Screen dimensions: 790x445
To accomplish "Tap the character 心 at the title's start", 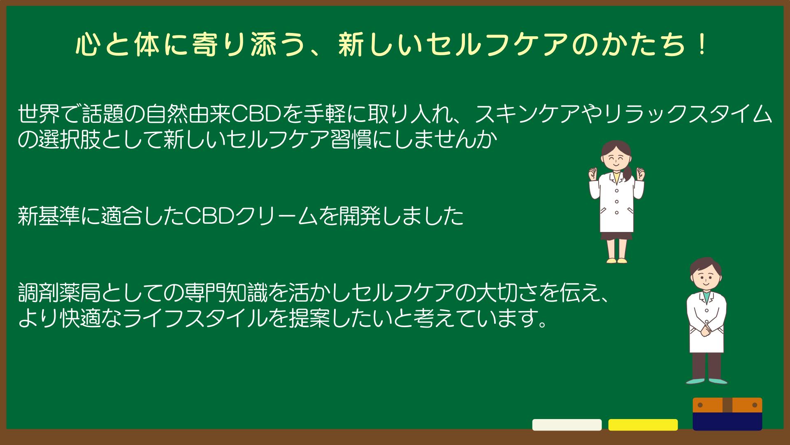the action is point(88,45).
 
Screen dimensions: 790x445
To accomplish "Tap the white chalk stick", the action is point(567,425).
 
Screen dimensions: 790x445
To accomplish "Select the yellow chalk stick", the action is point(643,425).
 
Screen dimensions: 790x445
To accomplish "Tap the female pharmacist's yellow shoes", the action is point(616,260).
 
